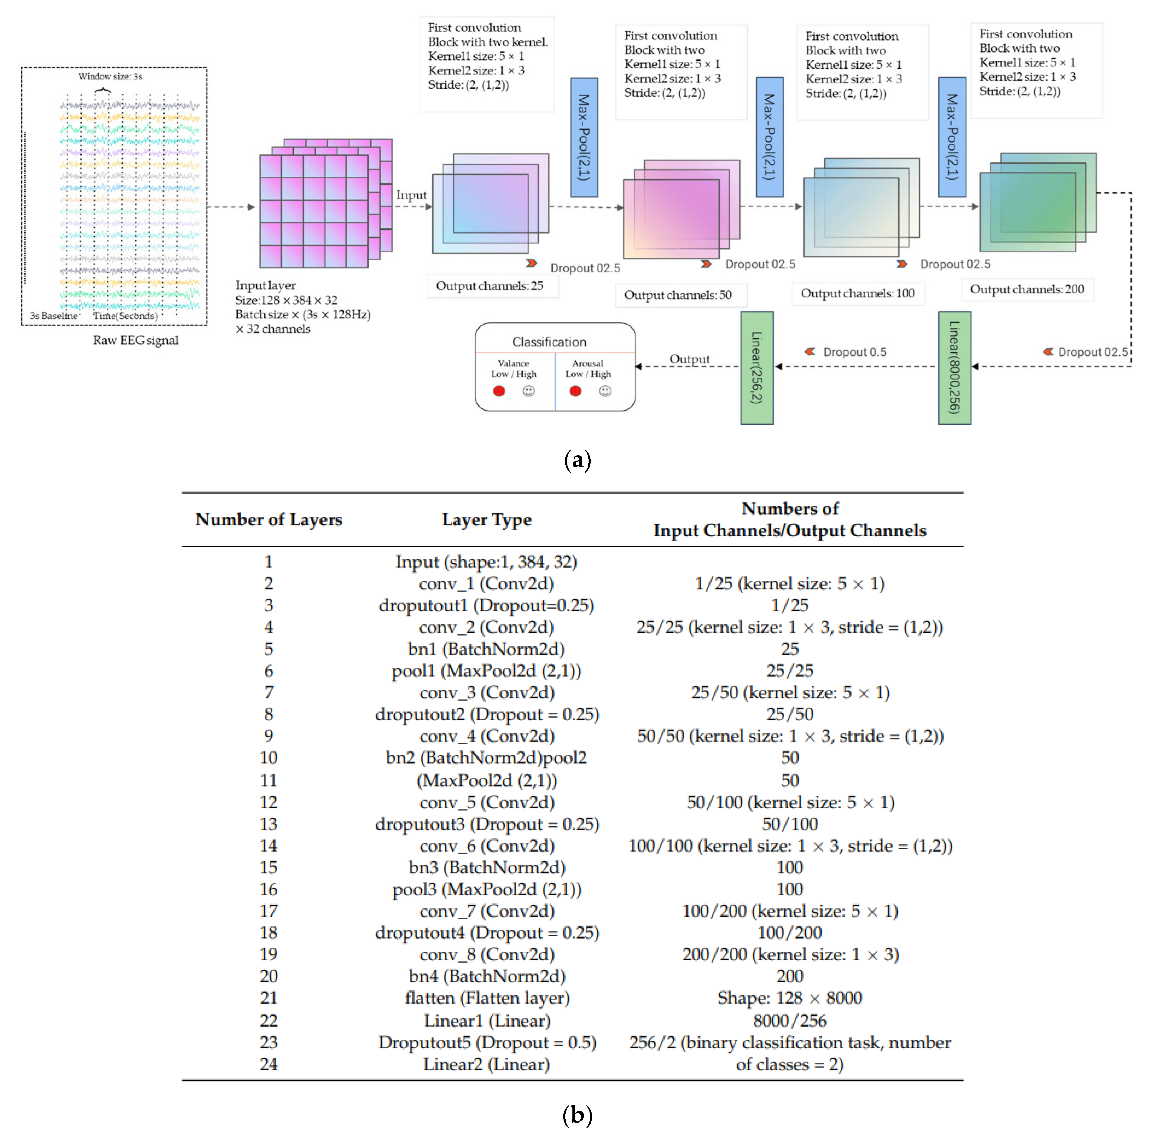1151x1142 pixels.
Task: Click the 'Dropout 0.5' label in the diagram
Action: (854, 352)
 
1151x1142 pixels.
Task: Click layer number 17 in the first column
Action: (269, 911)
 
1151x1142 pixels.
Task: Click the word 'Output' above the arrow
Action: (689, 359)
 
